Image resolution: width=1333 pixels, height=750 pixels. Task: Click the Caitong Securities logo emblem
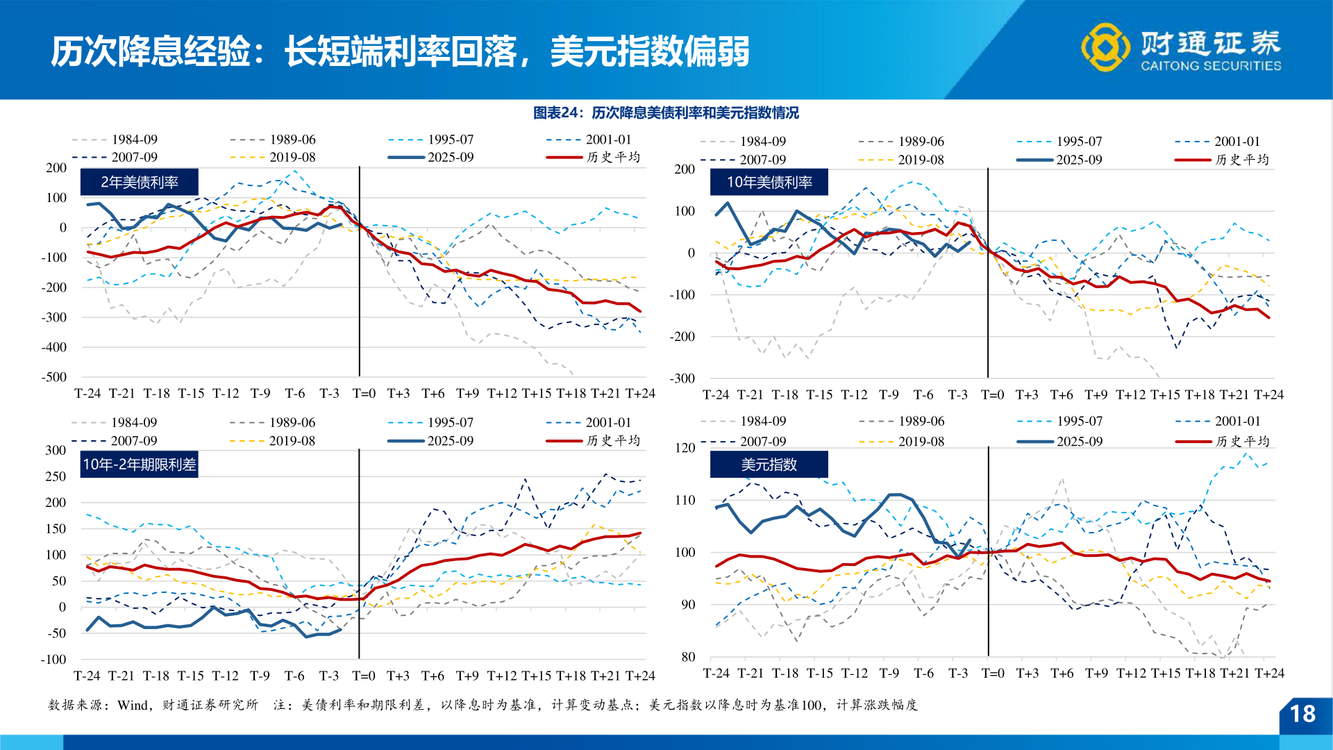click(1105, 47)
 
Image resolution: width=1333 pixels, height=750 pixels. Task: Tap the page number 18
click(1302, 714)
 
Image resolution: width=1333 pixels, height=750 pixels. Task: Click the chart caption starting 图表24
click(665, 112)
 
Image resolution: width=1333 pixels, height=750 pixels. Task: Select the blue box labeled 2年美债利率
click(140, 182)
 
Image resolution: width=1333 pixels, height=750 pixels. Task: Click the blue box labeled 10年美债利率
click(769, 182)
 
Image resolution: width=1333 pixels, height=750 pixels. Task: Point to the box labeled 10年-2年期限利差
click(140, 465)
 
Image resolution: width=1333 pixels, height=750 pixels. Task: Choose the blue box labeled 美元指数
click(769, 465)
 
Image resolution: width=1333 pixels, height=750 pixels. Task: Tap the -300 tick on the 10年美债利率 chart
click(682, 378)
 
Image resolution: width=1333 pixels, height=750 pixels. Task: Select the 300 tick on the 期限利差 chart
click(56, 450)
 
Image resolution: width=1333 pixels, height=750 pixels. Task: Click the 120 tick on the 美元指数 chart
click(685, 448)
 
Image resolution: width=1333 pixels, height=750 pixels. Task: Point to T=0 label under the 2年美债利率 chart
click(364, 394)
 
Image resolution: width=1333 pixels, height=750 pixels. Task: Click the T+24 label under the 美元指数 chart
click(1269, 673)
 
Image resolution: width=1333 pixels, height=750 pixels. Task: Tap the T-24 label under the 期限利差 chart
click(87, 676)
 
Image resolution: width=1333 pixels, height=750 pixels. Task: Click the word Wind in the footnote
click(133, 705)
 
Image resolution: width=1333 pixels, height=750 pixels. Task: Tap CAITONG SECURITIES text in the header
click(1211, 66)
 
